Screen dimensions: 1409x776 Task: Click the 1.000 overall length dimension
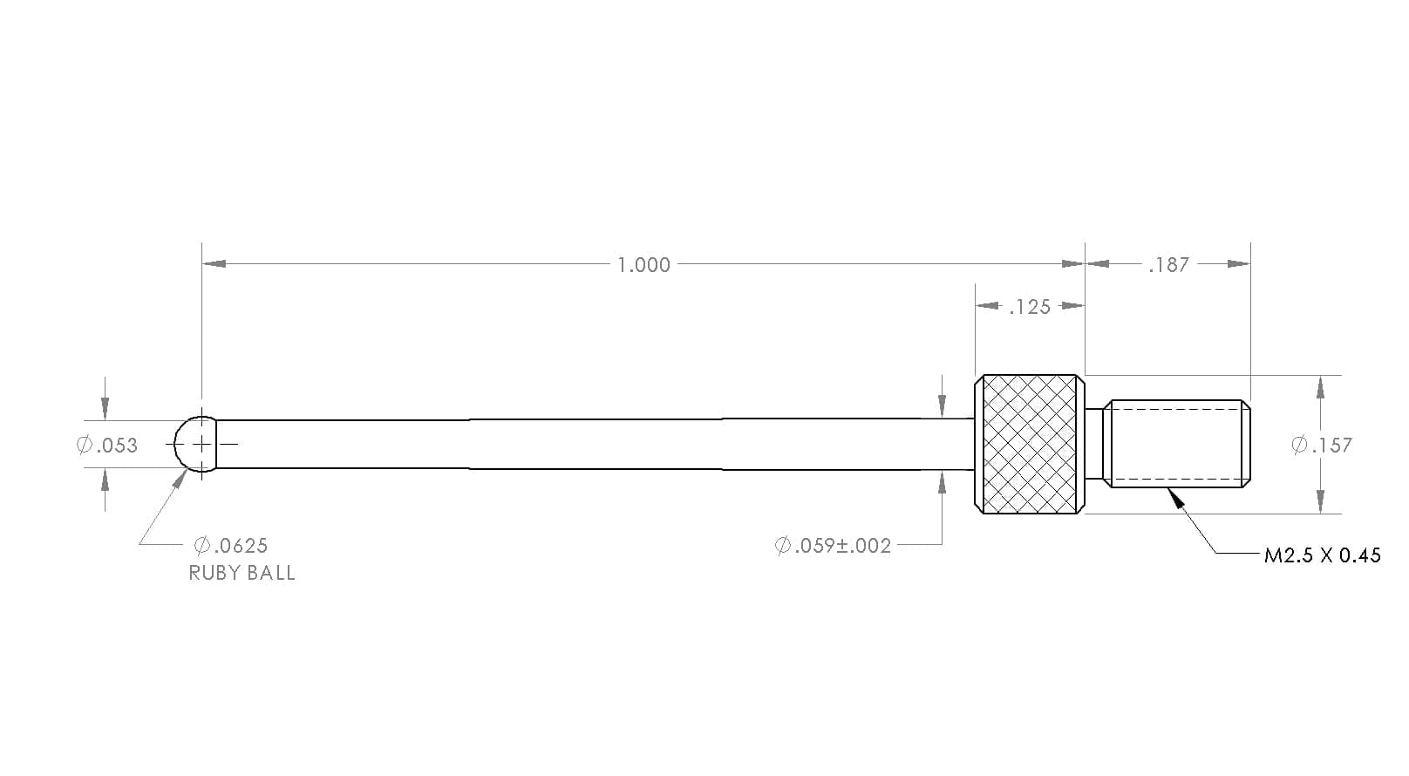coord(643,265)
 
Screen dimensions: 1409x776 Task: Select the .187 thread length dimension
coord(1168,265)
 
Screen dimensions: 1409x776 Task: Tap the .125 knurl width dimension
coord(1030,307)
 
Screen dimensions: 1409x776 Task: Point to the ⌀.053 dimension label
coord(107,446)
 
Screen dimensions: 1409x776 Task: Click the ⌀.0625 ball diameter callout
coord(231,545)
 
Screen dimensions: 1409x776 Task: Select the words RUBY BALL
coord(242,573)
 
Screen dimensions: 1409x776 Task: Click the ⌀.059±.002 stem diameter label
coord(833,545)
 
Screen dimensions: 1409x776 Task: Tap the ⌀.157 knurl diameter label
coord(1322,446)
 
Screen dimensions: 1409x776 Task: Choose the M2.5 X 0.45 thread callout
coord(1322,555)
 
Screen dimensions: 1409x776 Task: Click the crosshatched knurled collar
coord(1029,444)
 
